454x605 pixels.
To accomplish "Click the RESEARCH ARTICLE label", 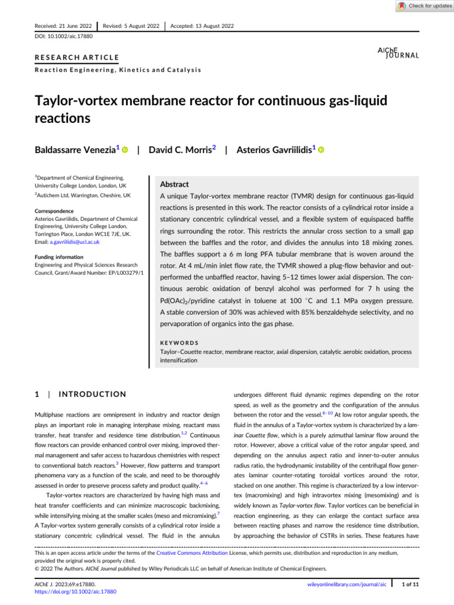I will click(76, 57).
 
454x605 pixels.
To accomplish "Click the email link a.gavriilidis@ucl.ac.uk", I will click(74, 242).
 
